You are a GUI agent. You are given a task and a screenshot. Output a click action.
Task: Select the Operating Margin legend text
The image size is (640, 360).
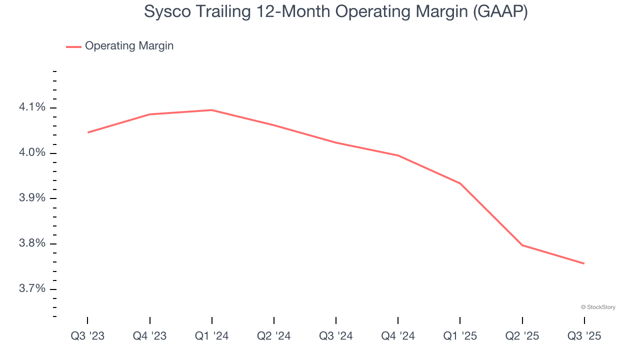pos(129,46)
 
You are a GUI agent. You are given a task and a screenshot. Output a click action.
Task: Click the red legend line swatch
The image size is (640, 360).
pos(73,46)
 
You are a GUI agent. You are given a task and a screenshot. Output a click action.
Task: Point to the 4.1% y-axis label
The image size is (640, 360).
pos(32,107)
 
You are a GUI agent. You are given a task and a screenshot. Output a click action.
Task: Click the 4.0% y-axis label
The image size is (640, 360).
pos(32,153)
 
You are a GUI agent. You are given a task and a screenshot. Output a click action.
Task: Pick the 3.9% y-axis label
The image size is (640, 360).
pos(32,198)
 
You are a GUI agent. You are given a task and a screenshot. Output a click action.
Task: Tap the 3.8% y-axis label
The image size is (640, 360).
pos(32,244)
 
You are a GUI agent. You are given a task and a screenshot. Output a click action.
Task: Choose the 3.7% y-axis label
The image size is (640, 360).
pos(32,289)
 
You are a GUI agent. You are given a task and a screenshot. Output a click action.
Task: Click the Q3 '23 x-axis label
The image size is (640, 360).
pos(87,336)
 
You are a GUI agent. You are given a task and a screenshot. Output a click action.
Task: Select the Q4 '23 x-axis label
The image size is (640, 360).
pos(149,336)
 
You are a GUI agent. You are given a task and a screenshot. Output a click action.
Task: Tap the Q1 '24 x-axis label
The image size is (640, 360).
pos(212,336)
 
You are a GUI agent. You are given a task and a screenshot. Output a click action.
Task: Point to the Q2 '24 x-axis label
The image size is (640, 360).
pos(274,336)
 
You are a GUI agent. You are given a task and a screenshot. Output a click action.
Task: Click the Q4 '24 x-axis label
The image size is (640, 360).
pos(398,336)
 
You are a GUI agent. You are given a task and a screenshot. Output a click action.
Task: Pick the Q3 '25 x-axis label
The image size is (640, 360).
pos(584,336)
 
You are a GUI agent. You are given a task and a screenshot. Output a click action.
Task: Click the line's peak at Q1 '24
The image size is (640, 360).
pos(212,110)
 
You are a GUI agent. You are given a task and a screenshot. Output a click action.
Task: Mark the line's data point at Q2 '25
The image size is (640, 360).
pos(522,245)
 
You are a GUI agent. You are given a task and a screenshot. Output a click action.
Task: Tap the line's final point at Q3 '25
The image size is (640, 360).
pos(584,263)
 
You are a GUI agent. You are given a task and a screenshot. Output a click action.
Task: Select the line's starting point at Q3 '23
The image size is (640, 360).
pos(88,132)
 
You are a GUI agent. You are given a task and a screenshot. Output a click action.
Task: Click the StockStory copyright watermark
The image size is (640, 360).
pos(598,307)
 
